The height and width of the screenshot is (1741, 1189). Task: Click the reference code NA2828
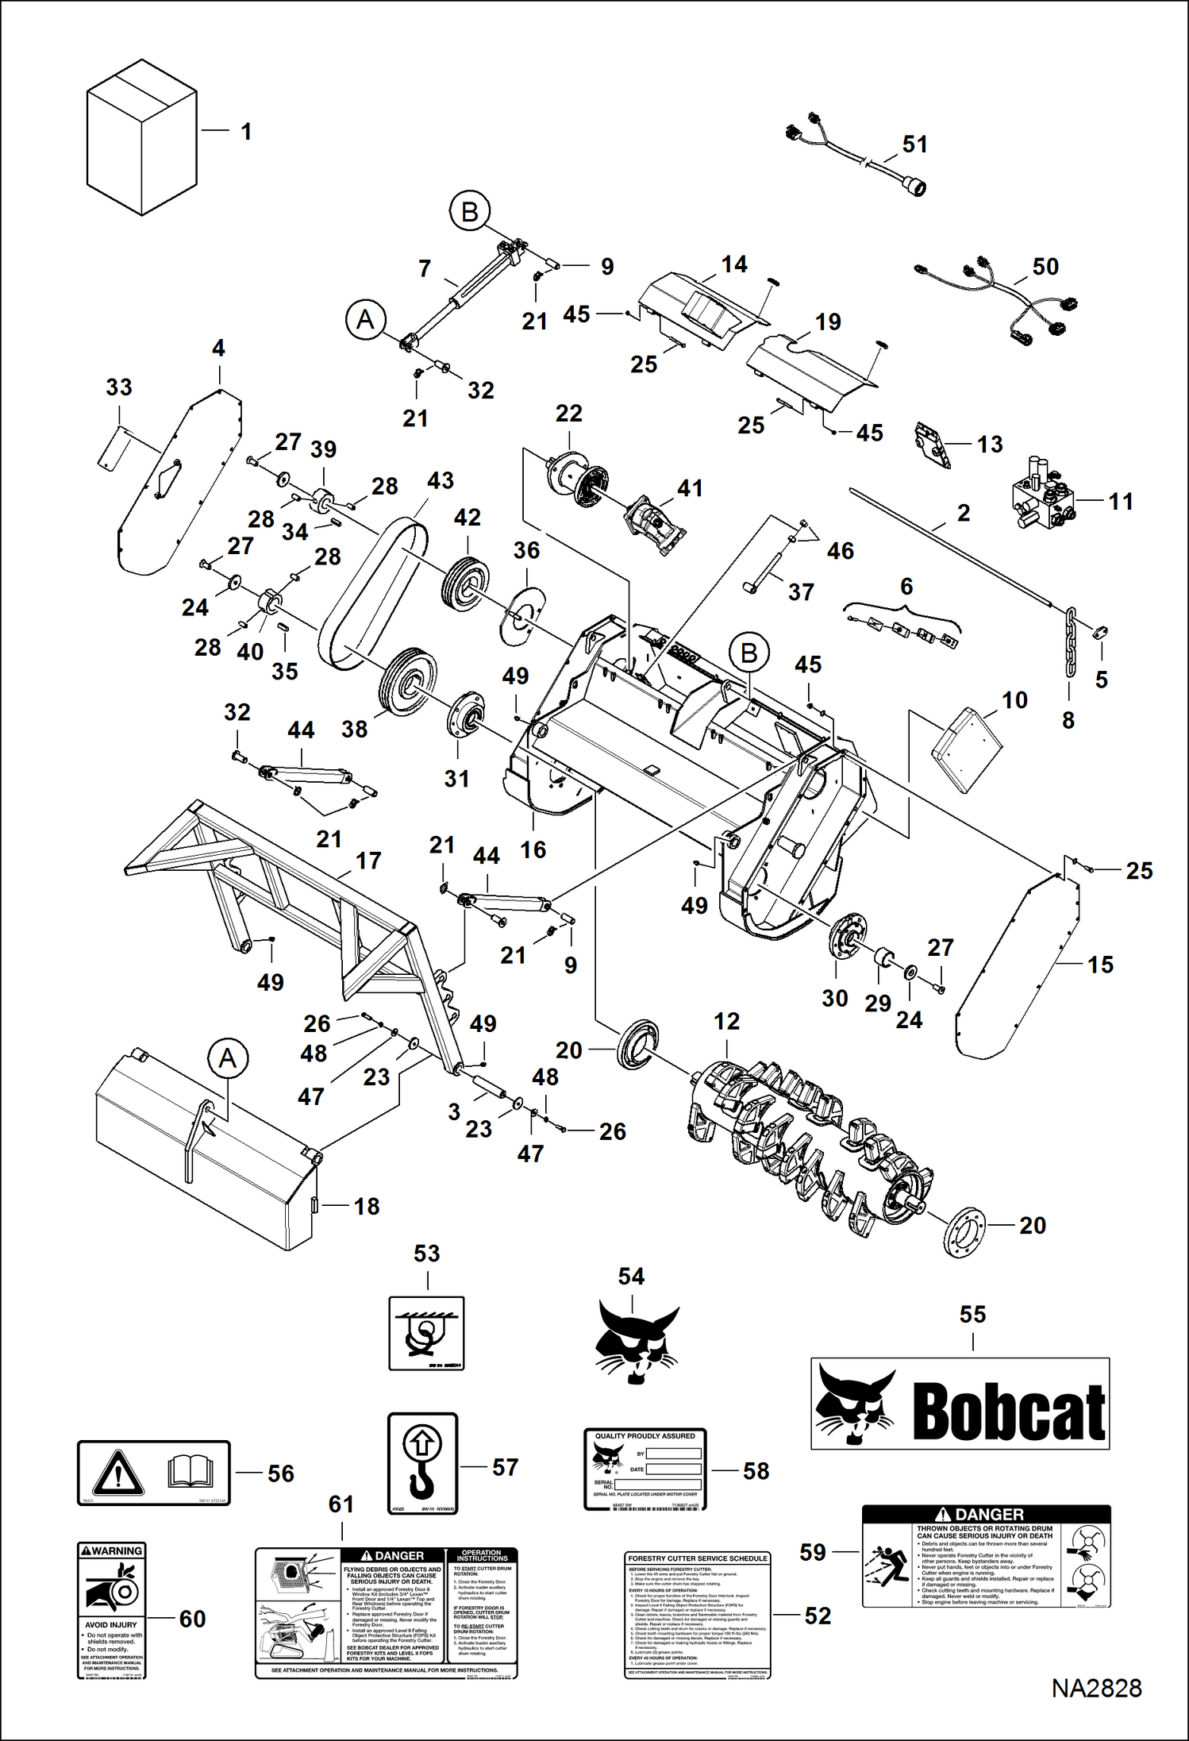pyautogui.click(x=1096, y=1688)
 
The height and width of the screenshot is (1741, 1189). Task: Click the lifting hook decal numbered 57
pyautogui.click(x=422, y=1463)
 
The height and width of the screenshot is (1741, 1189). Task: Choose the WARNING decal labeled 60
pyautogui.click(x=112, y=1611)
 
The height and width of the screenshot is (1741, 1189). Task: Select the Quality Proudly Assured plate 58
pyautogui.click(x=645, y=1469)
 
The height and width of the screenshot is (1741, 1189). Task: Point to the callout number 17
pyautogui.click(x=368, y=861)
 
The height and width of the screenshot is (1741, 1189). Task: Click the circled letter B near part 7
pyautogui.click(x=470, y=212)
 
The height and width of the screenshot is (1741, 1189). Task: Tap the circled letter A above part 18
pyautogui.click(x=228, y=1058)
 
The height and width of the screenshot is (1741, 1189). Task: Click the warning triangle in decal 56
pyautogui.click(x=117, y=1473)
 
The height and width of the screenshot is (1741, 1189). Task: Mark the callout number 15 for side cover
pyautogui.click(x=1100, y=965)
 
